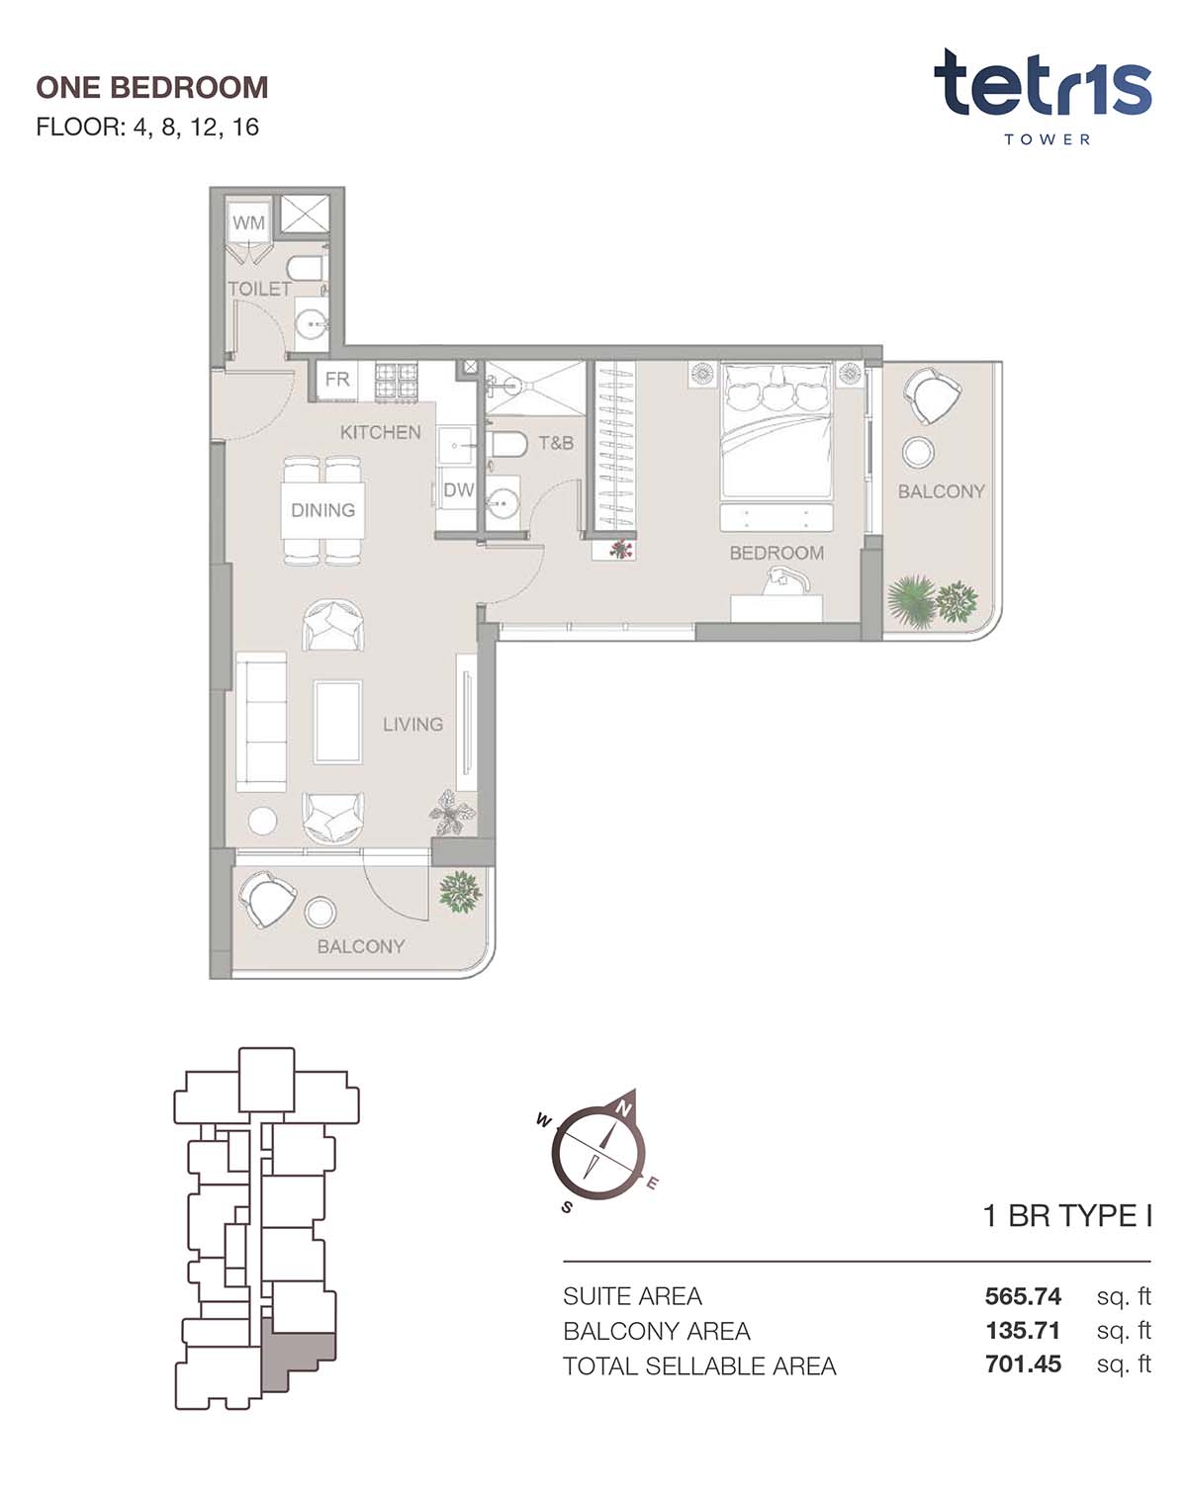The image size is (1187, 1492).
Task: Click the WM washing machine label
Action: click(248, 222)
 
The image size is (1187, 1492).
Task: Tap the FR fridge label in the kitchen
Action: click(337, 380)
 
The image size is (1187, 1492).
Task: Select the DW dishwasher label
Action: click(458, 490)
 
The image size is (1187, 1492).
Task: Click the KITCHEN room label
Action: click(380, 433)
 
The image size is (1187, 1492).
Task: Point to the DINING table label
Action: click(322, 510)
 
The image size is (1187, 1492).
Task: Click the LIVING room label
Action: click(412, 725)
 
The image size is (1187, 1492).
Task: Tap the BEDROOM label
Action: click(776, 554)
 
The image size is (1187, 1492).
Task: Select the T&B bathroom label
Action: click(556, 443)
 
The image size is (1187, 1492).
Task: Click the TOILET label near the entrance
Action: click(259, 289)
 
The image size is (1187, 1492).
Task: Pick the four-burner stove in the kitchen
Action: click(397, 382)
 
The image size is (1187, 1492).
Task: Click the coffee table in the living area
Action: click(337, 722)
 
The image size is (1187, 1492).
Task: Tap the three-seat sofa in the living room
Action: click(261, 722)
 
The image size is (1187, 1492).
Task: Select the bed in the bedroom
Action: click(776, 430)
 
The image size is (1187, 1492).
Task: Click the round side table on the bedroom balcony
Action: click(917, 453)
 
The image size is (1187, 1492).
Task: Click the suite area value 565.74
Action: click(1023, 1296)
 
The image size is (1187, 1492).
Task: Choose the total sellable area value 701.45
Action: click(1023, 1364)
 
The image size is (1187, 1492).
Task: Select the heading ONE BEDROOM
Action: click(152, 87)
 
